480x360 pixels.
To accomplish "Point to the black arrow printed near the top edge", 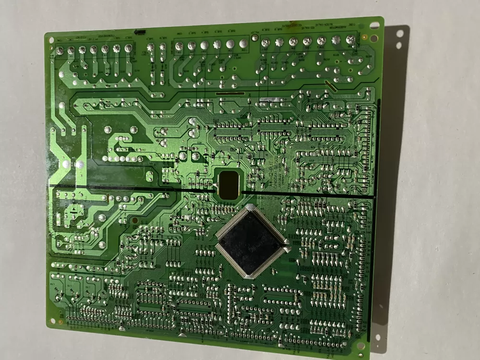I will tap(139, 32).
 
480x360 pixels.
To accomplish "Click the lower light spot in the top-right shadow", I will tap(398, 47).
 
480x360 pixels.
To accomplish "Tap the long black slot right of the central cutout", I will tap(307, 195).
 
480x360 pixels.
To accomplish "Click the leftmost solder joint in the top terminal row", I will tap(60, 50).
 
